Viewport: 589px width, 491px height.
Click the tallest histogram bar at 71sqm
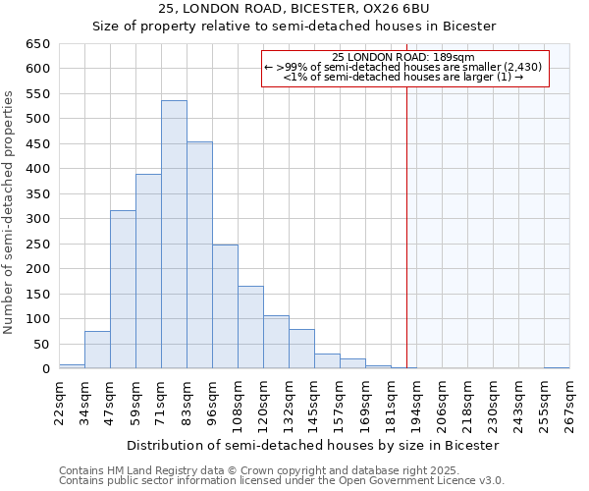174,235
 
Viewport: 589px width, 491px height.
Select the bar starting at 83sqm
199,255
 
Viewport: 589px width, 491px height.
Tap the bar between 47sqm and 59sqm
123,290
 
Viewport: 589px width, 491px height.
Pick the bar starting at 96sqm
225,306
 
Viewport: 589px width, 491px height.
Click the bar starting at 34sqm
97,350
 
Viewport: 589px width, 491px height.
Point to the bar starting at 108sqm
250,327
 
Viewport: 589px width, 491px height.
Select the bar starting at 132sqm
301,349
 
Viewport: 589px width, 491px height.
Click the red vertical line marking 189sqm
406,226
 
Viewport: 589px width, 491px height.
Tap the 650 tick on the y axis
38,44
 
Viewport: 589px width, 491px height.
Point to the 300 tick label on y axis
38,219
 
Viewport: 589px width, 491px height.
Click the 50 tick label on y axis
42,345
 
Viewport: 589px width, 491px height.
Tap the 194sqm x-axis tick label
417,402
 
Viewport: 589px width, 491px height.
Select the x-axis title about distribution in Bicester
313,445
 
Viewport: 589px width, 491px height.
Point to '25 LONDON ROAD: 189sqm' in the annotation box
403,58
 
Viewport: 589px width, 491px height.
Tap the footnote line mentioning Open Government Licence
282,480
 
